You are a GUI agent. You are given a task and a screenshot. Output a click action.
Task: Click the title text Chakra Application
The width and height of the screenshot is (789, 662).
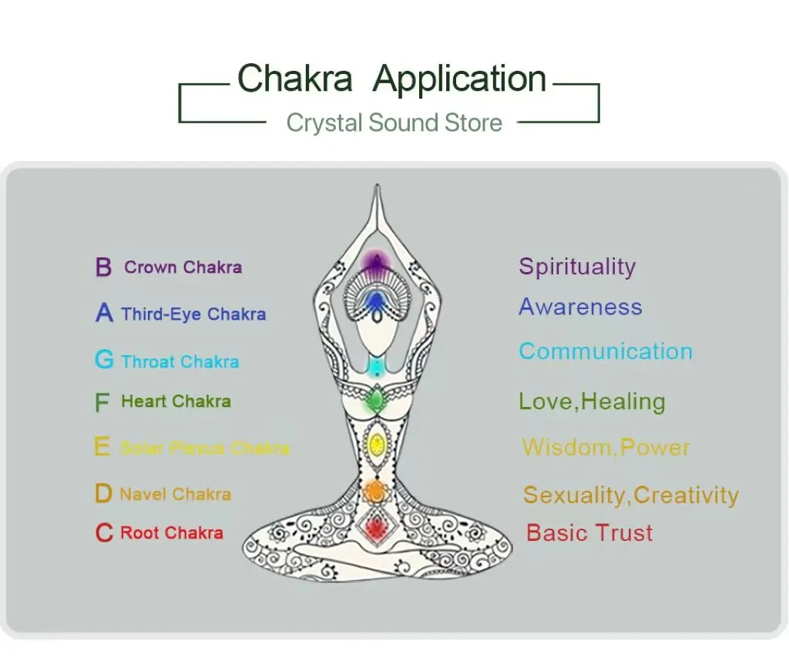tap(391, 79)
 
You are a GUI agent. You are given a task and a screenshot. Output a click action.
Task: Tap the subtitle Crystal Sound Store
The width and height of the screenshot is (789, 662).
tap(394, 123)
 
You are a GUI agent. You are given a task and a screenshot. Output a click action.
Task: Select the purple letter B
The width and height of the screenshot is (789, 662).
tap(103, 268)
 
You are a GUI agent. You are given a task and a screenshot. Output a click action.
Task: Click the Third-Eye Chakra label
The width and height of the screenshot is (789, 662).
tap(193, 314)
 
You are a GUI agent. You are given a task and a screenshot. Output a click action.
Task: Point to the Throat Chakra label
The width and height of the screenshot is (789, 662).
tap(180, 361)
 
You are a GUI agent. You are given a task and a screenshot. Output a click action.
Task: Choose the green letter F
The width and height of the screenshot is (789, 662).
tap(102, 402)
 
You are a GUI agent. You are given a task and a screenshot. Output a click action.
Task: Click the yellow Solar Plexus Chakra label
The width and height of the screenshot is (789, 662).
tap(205, 448)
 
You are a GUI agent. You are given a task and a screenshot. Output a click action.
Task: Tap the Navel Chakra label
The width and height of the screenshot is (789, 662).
tap(175, 494)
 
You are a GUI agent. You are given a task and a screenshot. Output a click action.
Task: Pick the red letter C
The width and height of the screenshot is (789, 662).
tap(104, 533)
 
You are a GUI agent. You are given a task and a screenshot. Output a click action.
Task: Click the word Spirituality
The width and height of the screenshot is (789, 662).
tap(577, 267)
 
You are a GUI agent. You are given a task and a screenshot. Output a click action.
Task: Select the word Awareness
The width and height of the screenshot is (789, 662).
tap(580, 307)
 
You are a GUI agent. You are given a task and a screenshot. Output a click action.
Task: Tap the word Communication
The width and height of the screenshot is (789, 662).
tap(606, 351)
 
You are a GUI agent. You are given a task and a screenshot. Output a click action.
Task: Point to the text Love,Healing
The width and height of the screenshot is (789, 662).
tap(592, 402)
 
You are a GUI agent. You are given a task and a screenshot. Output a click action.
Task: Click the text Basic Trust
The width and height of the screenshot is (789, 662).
tap(589, 533)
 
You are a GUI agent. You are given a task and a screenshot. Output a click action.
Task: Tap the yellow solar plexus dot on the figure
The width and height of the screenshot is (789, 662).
tap(377, 444)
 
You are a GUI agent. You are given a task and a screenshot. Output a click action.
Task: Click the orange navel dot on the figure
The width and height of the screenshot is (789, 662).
tap(375, 489)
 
